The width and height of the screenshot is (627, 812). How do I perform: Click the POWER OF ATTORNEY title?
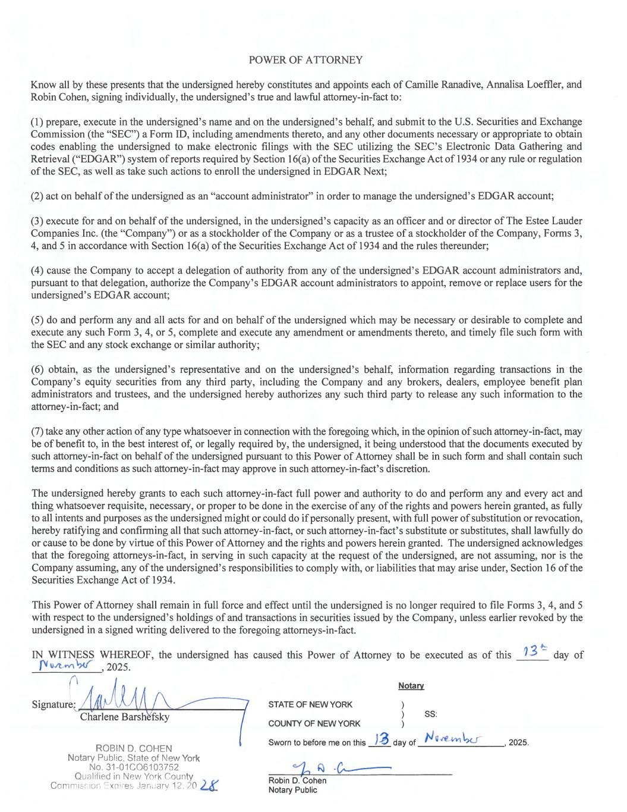pos(305,60)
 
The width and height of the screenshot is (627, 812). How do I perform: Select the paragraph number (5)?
pos(39,320)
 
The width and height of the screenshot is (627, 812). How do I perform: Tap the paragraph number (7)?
pos(39,431)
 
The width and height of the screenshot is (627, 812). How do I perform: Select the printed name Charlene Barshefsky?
pos(125,717)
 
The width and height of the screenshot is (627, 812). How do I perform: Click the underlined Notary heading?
pos(411,686)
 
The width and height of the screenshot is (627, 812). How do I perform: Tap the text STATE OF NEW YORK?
pos(310,705)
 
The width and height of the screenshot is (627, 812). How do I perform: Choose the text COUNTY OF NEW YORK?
pos(314,723)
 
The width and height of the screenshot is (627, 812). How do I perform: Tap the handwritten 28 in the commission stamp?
pos(208,786)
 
